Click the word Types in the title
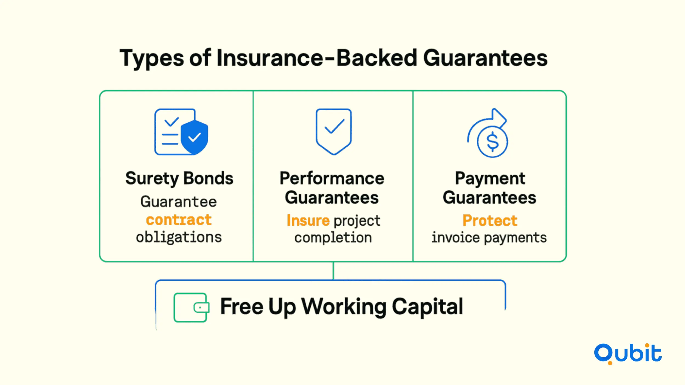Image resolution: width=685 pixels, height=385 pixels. [x=152, y=58]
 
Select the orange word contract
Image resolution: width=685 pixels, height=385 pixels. [x=179, y=220]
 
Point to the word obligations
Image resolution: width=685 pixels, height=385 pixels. [x=179, y=237]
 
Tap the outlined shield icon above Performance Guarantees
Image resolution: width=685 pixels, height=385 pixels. [x=333, y=132]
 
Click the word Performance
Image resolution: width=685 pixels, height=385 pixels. [x=332, y=178]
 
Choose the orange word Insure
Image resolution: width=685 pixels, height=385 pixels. [x=308, y=220]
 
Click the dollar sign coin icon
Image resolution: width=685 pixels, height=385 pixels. [x=492, y=142]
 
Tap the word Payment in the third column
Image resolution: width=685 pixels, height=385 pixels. [x=490, y=179]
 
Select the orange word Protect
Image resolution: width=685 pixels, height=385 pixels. [x=490, y=220]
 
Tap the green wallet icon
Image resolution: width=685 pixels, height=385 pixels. [x=191, y=308]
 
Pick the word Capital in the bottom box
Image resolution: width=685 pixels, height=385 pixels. [x=427, y=307]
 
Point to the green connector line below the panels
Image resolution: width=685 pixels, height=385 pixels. [x=333, y=271]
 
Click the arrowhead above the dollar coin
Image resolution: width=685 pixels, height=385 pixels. [x=499, y=118]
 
